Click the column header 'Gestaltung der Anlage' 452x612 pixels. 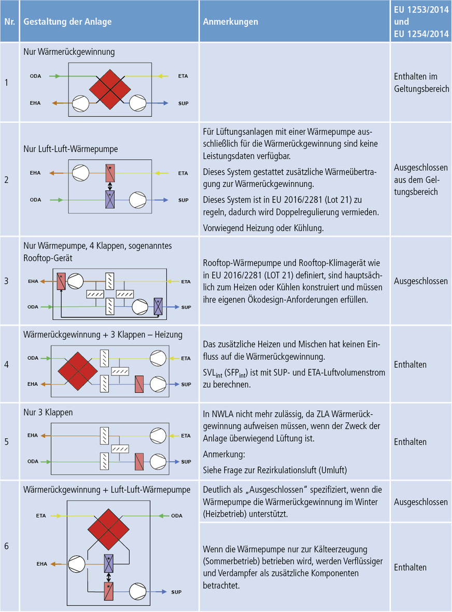67,22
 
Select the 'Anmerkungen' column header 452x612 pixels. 230,22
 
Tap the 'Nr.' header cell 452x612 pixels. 10,22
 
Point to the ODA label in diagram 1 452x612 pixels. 35,77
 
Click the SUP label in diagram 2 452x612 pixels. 182,199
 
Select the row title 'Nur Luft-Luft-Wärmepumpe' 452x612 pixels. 70,149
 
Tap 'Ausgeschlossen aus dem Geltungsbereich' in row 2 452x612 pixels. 420,180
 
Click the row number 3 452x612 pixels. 6,281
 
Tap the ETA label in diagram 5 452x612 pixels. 186,436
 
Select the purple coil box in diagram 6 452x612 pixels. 109,561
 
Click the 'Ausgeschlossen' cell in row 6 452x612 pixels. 420,502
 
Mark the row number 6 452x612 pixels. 6,546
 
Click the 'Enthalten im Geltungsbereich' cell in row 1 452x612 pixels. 420,83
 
